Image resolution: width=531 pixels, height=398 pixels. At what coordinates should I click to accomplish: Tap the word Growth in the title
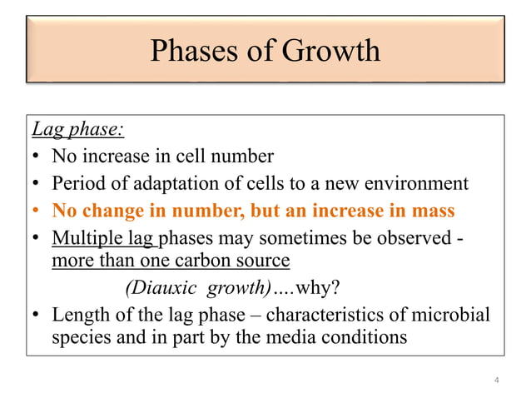point(331,52)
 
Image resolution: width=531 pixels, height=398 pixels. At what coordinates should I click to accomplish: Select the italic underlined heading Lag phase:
point(77,131)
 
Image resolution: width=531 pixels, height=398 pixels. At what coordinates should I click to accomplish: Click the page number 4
point(496,381)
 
